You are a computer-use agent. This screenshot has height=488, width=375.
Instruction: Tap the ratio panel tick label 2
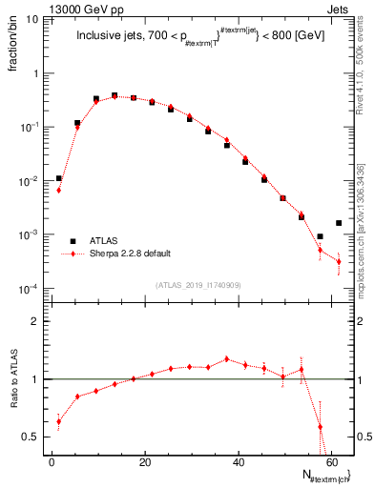35,321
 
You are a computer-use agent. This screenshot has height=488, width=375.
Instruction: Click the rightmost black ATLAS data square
339,223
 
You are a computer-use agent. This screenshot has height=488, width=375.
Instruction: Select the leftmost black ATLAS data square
59,178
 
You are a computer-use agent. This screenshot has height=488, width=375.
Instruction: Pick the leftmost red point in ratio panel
59,421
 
